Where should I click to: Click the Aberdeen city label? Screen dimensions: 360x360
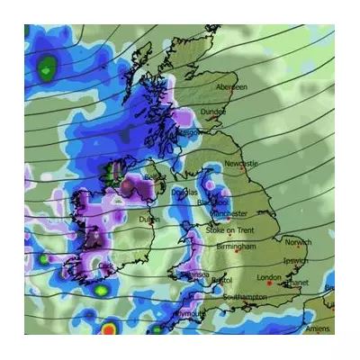[x=231, y=87]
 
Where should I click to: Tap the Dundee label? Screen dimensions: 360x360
[x=213, y=112]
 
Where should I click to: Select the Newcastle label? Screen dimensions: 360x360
[x=241, y=164]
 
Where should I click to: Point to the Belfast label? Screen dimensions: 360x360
[x=155, y=178]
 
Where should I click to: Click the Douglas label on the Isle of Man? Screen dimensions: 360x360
[x=184, y=193]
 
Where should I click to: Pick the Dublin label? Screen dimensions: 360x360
[x=149, y=219]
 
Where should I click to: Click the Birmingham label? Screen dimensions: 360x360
[x=237, y=246]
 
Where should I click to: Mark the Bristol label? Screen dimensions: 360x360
[x=220, y=282]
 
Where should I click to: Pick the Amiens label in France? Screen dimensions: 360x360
[x=317, y=329]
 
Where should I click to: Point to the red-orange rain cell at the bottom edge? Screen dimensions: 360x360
[x=111, y=329]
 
